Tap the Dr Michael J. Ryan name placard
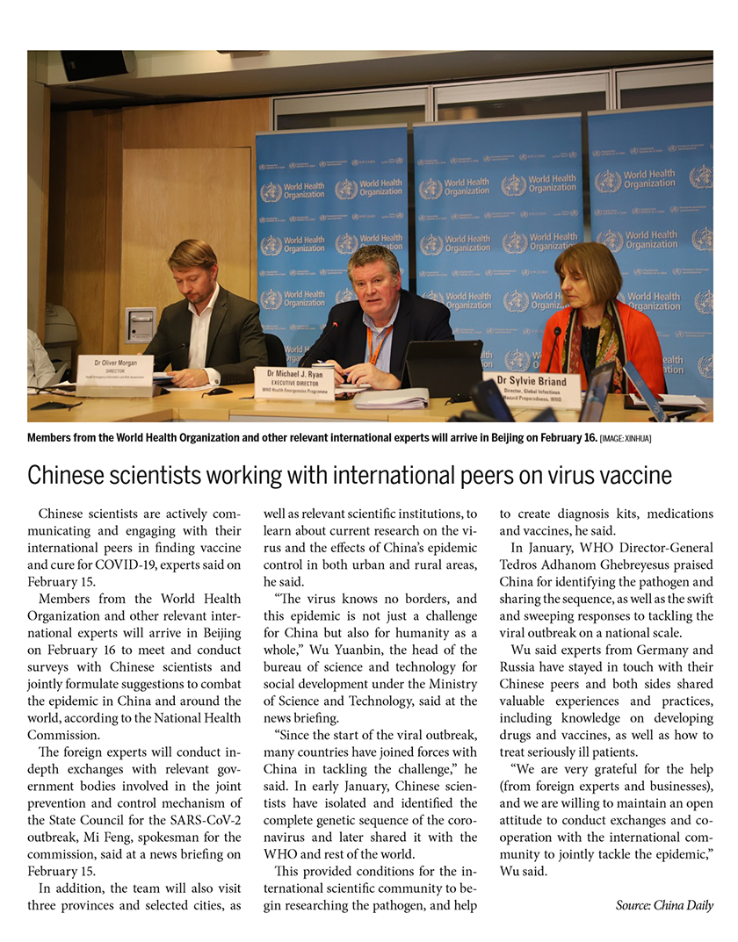pyautogui.click(x=294, y=380)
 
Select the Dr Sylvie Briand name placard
pyautogui.click(x=531, y=387)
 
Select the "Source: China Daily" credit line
pyautogui.click(x=663, y=905)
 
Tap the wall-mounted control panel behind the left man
pyautogui.click(x=141, y=324)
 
